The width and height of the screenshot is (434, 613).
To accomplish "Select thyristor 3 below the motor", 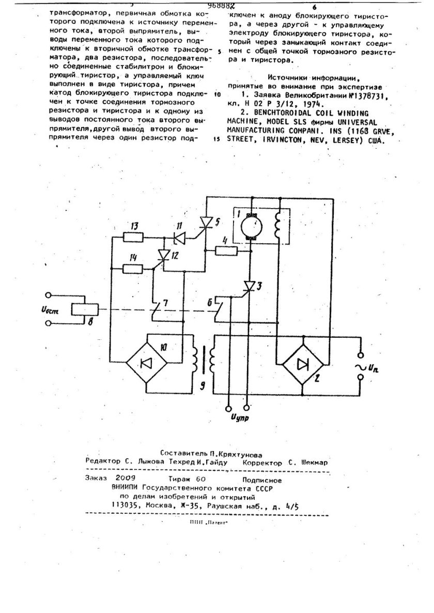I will pos(250,286).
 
